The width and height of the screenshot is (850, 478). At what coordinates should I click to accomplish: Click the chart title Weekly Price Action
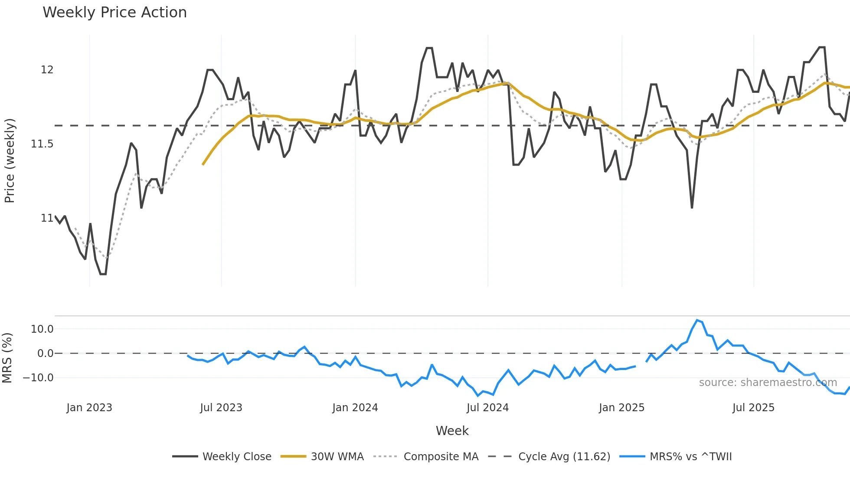[114, 13]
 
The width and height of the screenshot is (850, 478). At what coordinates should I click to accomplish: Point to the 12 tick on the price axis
[47, 70]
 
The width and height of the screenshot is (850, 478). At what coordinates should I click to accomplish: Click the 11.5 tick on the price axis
[42, 144]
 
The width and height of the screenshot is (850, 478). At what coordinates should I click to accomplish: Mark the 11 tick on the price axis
[47, 218]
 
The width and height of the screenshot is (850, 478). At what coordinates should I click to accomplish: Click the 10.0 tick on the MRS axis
[42, 329]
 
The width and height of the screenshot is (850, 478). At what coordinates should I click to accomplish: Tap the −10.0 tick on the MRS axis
[38, 378]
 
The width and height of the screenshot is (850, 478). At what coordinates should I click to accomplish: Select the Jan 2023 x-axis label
[89, 408]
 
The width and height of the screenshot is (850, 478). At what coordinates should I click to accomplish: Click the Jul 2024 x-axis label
[487, 408]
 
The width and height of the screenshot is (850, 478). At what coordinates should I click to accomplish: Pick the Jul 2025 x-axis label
[753, 408]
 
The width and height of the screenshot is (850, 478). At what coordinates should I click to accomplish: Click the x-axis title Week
[452, 431]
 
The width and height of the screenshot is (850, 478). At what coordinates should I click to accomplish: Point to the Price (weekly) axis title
[10, 160]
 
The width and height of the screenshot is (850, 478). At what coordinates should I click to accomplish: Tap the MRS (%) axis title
[7, 358]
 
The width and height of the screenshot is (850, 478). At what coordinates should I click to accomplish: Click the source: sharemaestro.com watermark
[768, 383]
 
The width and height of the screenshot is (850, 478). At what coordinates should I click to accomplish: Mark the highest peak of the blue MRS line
[697, 320]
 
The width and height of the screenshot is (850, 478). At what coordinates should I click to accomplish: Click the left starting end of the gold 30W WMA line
[203, 164]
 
